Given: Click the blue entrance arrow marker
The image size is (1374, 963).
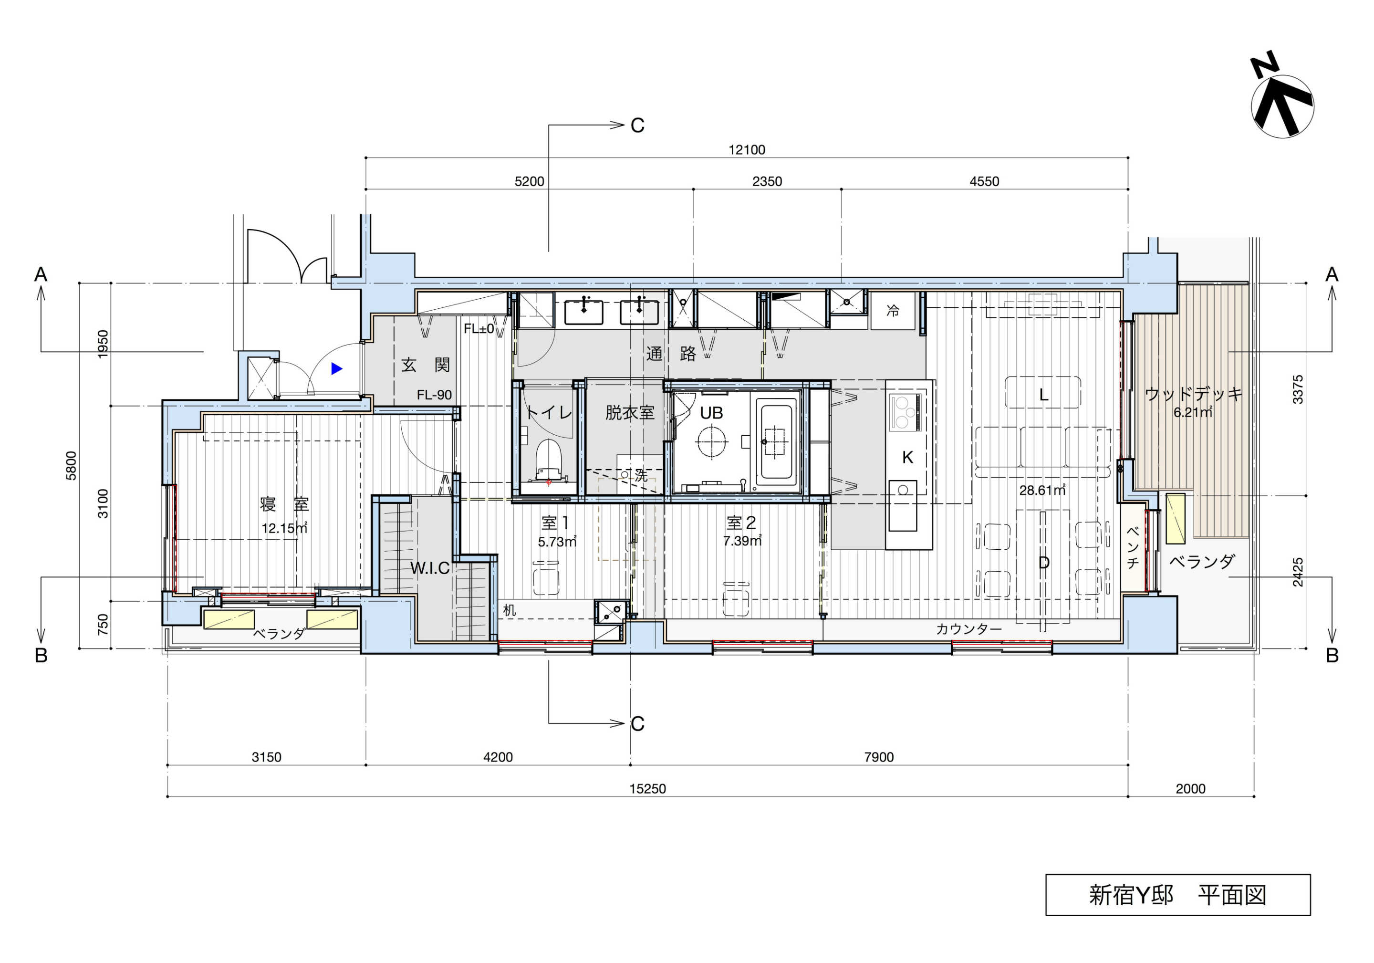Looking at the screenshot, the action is point(337,369).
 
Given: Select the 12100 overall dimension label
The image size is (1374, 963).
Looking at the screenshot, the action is point(746,150).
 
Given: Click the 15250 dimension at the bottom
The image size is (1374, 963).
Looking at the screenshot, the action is point(647,789).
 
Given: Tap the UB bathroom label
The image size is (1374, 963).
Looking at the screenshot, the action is point(711,413).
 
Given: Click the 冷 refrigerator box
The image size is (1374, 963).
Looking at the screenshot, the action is point(893,311).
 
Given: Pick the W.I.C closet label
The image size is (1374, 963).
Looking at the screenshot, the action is point(430,568).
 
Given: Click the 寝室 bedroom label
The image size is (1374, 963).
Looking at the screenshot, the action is point(284,504).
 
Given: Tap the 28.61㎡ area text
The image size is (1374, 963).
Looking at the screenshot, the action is point(1042,490).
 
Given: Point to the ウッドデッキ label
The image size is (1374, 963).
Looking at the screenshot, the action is point(1193,394).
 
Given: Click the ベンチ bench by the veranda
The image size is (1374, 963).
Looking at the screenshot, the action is point(1132,548).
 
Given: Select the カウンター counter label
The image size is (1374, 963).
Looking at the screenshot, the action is point(968,629).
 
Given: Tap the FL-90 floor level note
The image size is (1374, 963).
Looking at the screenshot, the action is point(435,395).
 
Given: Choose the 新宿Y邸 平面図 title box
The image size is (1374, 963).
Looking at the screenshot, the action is point(1178,895).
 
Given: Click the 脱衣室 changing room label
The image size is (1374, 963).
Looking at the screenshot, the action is point(630,412).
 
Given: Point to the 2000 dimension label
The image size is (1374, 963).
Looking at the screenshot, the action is point(1190,789).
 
